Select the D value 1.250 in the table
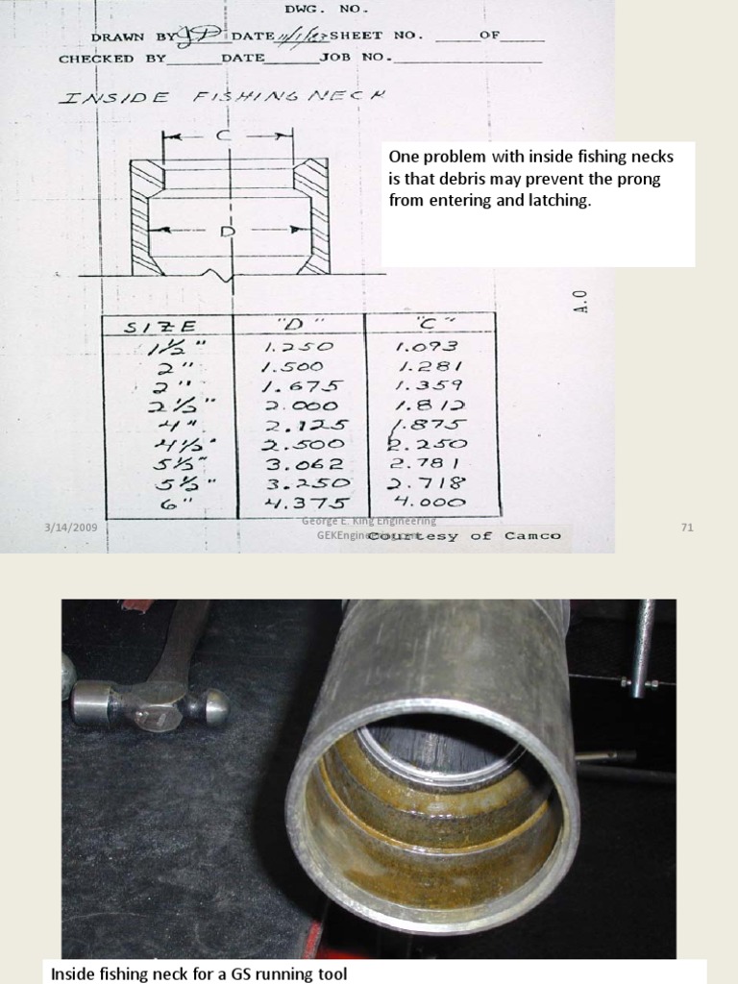[x=299, y=347]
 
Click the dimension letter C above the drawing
[x=224, y=136]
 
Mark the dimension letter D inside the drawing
[x=228, y=231]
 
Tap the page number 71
[x=686, y=528]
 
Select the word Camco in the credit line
[x=529, y=536]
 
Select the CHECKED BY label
[x=111, y=58]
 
